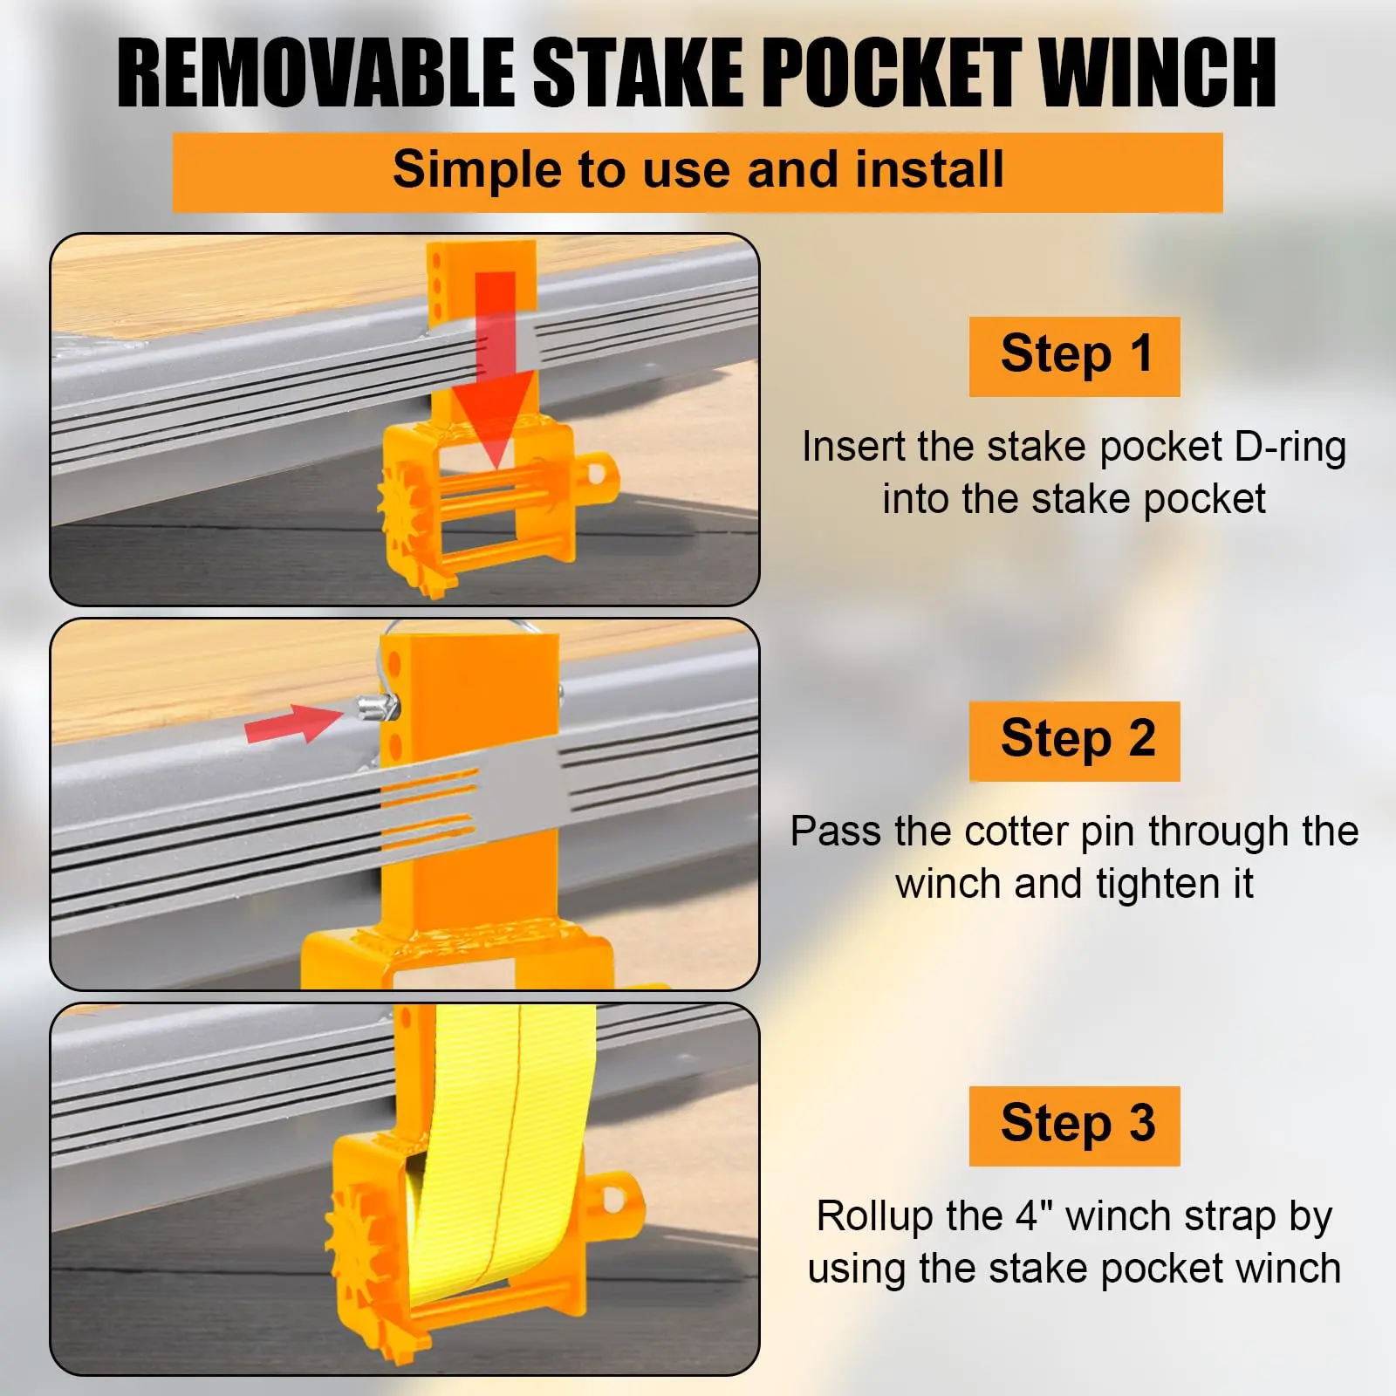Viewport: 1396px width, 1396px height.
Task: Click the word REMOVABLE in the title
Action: (x=316, y=73)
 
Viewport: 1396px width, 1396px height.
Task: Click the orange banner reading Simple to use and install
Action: (x=697, y=172)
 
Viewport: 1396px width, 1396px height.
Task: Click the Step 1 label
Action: (x=1075, y=356)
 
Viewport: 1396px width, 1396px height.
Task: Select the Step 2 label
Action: (x=1075, y=741)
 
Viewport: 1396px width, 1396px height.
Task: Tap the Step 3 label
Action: (x=1075, y=1126)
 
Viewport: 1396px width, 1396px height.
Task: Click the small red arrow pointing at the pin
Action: (x=293, y=723)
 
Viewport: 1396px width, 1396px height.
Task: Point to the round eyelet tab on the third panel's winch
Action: (x=621, y=1199)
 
